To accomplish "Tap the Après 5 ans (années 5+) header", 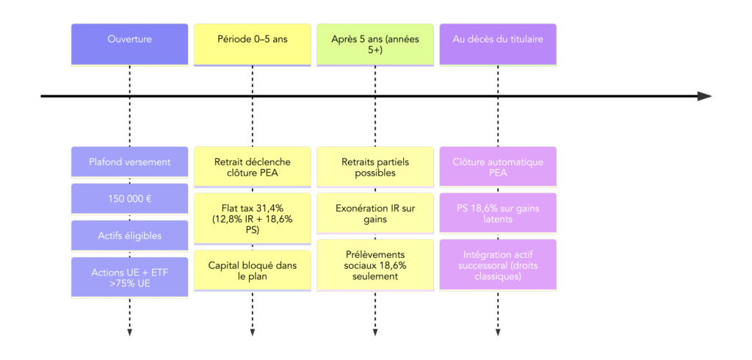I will tap(375, 44).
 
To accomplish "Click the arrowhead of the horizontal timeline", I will tap(704, 96).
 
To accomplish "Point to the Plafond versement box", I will tap(129, 162).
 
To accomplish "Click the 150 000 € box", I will tap(129, 198).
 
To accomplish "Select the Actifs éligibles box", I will tap(129, 236).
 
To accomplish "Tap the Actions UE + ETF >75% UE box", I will tap(129, 278).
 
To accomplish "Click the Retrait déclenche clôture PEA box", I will tap(252, 168).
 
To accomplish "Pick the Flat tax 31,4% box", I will tap(252, 218).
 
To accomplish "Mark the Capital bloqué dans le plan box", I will tap(252, 270).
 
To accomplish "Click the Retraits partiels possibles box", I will tap(375, 168).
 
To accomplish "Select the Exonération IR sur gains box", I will tap(375, 214).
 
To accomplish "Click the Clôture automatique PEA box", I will tap(497, 168).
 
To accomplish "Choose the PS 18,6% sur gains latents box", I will tap(497, 214).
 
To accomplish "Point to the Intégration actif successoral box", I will tap(497, 264).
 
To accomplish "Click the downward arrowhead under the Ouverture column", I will tap(129, 333).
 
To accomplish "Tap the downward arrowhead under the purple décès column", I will tap(497, 333).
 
